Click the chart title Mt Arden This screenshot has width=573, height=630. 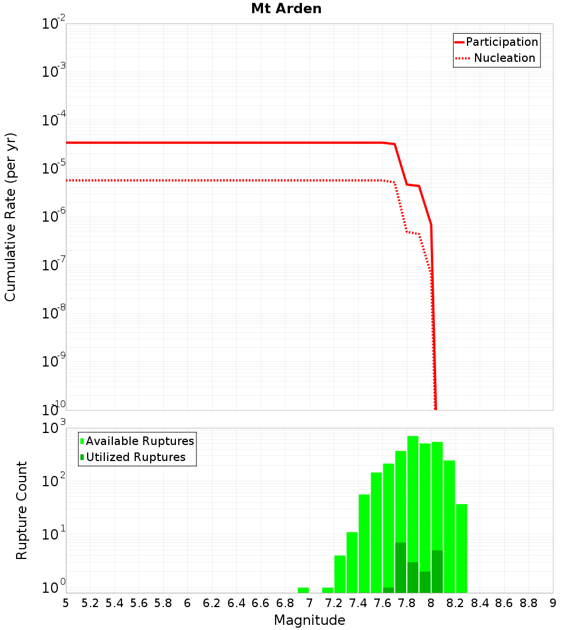tap(286, 9)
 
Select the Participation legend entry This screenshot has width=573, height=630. tap(502, 42)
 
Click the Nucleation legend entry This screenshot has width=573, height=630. tap(504, 58)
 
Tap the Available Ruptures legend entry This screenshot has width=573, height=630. tap(140, 441)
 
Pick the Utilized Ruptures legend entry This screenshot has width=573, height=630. tap(135, 457)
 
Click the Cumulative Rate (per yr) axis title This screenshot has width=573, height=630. tap(10, 216)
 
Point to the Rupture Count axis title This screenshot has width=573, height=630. tap(22, 510)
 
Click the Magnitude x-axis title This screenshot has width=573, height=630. tap(309, 620)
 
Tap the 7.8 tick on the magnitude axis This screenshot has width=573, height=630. tap(407, 603)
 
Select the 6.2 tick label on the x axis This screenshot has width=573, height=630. tap(212, 603)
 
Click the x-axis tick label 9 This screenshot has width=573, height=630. tap(553, 603)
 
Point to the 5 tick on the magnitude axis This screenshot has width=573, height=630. tap(66, 603)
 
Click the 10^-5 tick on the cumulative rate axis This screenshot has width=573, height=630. tap(53, 168)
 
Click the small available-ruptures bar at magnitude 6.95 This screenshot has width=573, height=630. tap(303, 590)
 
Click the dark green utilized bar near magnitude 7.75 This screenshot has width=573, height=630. tap(401, 567)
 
